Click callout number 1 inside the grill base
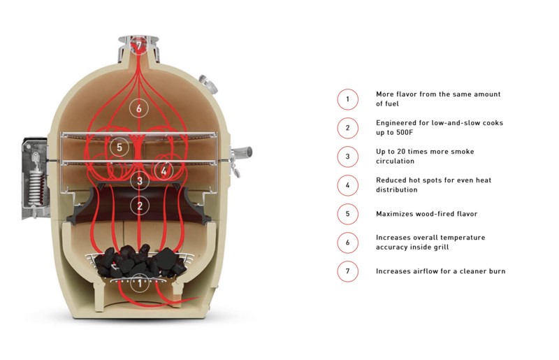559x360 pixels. point(139,283)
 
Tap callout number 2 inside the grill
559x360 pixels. point(139,206)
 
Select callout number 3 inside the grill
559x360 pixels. point(139,180)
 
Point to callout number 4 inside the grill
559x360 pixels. point(164,170)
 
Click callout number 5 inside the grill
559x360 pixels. point(119,147)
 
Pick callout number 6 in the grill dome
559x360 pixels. point(139,108)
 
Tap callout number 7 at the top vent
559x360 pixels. point(138,45)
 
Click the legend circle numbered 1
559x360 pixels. point(347,99)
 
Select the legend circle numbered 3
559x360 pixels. point(347,157)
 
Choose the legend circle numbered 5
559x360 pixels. point(347,213)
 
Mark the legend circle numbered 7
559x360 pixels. point(347,271)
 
